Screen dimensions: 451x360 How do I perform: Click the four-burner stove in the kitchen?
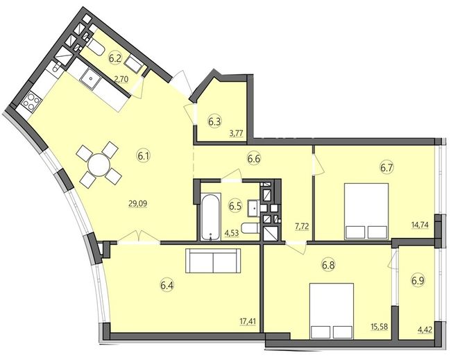pyautogui.click(x=31, y=101)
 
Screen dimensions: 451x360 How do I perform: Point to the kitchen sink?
pyautogui.click(x=91, y=78)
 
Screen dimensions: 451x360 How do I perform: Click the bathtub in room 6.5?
pyautogui.click(x=211, y=217)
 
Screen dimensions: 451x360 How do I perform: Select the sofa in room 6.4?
pyautogui.click(x=213, y=261)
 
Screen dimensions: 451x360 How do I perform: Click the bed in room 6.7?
pyautogui.click(x=366, y=211)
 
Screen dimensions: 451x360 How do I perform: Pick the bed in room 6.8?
pyautogui.click(x=332, y=311)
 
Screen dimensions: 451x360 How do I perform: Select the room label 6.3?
pyautogui.click(x=214, y=122)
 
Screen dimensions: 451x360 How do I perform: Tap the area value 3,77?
pyautogui.click(x=237, y=133)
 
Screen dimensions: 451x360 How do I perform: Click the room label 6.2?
pyautogui.click(x=114, y=58)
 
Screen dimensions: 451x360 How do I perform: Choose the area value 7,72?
pyautogui.click(x=301, y=226)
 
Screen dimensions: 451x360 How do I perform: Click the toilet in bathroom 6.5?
pyautogui.click(x=250, y=228)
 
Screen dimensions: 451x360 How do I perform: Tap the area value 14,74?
pyautogui.click(x=420, y=225)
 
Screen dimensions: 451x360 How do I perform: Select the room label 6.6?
pyautogui.click(x=254, y=158)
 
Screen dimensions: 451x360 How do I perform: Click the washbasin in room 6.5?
pyautogui.click(x=254, y=207)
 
